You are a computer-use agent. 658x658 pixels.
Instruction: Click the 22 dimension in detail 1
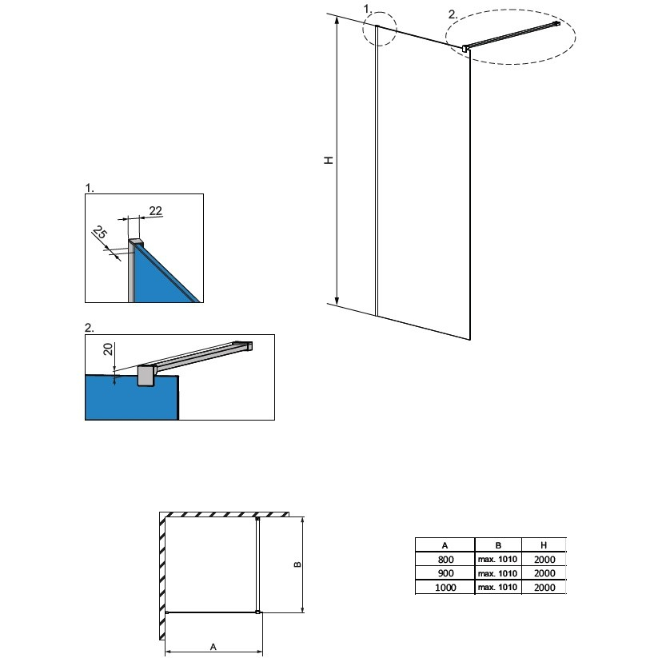[x=155, y=210]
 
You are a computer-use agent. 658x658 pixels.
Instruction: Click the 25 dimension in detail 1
[x=99, y=232]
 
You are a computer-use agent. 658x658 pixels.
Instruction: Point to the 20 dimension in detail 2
[x=108, y=349]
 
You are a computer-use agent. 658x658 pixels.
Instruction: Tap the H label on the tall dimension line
[x=329, y=160]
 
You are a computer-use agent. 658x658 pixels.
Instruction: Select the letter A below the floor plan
[x=213, y=647]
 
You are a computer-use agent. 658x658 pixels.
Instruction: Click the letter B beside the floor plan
[x=297, y=564]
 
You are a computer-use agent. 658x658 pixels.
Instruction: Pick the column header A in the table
[x=445, y=545]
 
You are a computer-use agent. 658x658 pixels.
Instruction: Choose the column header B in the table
[x=498, y=545]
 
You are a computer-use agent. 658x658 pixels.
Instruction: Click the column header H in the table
[x=544, y=545]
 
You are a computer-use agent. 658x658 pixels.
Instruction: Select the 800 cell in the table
[x=445, y=560]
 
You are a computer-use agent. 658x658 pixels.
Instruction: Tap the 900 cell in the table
[x=445, y=573]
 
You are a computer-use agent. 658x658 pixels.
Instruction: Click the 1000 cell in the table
[x=445, y=588]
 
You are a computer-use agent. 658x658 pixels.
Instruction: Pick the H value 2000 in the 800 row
[x=544, y=560]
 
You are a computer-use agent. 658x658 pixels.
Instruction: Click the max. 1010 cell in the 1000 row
[x=497, y=587]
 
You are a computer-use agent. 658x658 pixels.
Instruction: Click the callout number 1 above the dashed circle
[x=368, y=9]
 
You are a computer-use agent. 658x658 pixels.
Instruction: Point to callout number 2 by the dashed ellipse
[x=453, y=14]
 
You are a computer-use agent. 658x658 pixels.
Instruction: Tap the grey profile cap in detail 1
[x=136, y=242]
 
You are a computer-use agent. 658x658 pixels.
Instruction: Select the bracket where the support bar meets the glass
[x=465, y=49]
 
